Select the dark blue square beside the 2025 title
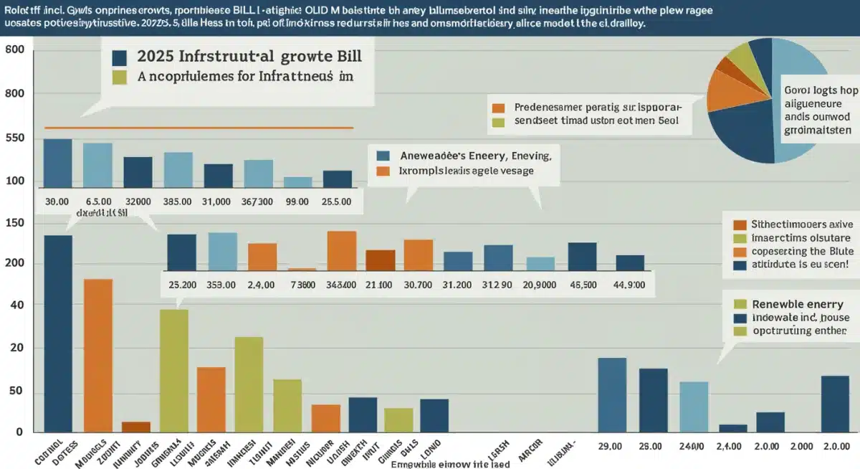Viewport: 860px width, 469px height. [120, 58]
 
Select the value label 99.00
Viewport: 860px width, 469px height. [297, 202]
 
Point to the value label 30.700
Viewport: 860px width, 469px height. [417, 285]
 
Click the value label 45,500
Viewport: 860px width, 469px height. [583, 285]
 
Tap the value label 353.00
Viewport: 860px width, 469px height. [221, 285]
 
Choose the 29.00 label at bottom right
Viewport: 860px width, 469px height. [610, 445]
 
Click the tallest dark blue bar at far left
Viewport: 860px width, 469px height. [58, 333]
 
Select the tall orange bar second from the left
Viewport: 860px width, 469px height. [98, 355]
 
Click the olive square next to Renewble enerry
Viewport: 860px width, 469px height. [740, 303]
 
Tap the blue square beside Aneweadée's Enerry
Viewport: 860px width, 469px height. [383, 155]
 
